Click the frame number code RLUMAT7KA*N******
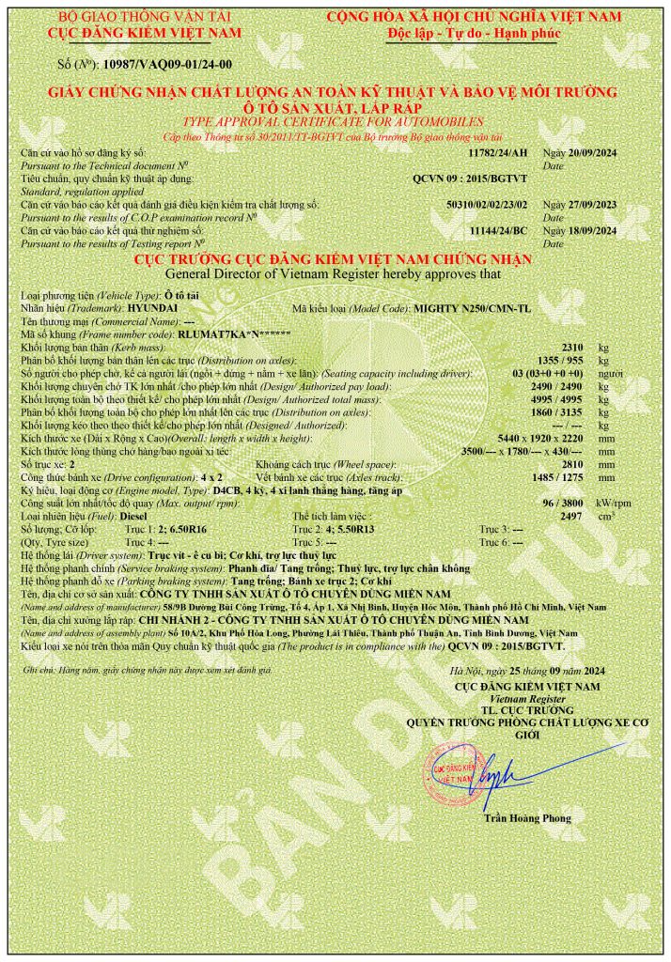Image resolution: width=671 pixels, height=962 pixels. (x=235, y=334)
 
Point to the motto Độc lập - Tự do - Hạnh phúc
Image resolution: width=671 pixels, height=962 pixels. (x=474, y=32)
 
